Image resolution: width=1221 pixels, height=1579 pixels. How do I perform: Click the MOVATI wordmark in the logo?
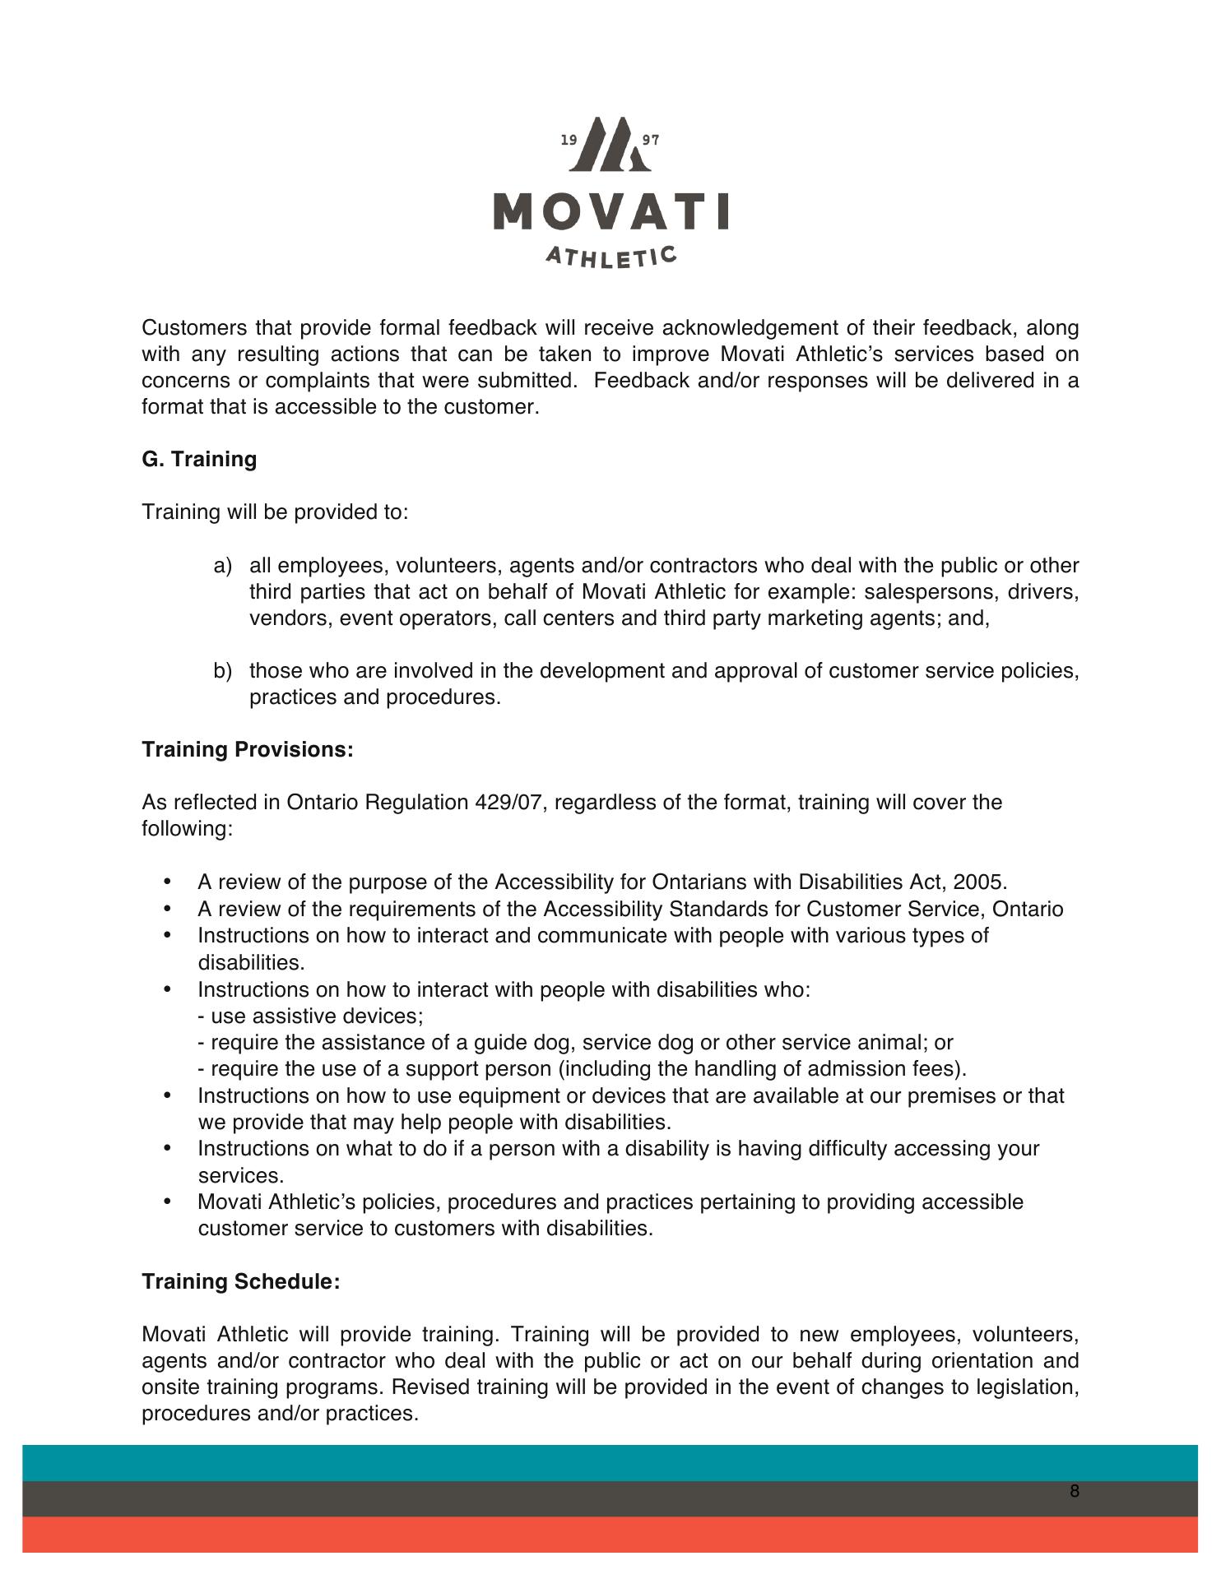tap(610, 211)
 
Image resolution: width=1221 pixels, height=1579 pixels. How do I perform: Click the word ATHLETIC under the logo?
tap(611, 257)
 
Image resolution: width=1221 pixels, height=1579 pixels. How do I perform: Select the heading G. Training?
tap(199, 459)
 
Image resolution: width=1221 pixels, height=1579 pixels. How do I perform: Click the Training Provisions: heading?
tap(248, 749)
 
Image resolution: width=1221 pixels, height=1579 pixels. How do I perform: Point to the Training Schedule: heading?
tap(240, 1281)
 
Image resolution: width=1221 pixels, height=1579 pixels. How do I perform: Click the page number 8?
tap(1075, 1491)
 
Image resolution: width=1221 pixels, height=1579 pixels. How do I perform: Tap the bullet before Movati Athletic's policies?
tap(169, 1202)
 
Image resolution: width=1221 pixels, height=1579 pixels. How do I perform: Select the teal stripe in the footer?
tap(610, 1463)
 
